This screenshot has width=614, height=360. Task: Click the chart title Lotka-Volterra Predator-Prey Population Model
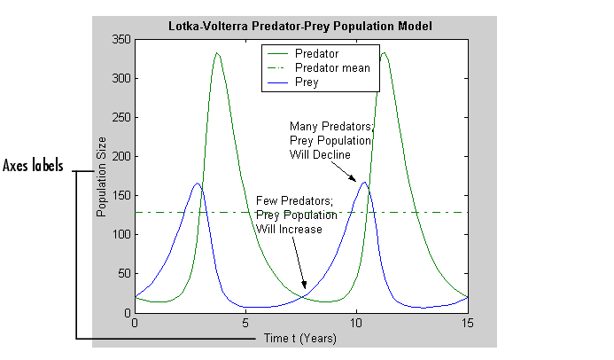click(300, 26)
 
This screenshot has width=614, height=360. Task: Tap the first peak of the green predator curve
click(217, 54)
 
